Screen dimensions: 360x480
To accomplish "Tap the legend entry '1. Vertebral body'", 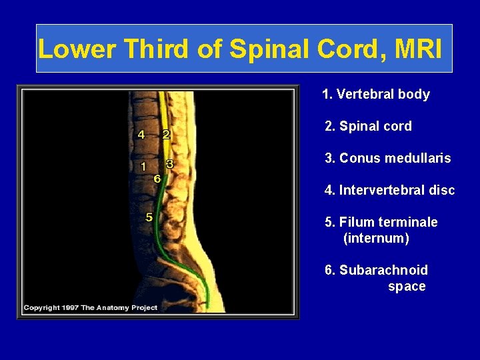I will [x=375, y=94].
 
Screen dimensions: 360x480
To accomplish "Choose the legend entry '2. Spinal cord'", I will [x=368, y=126].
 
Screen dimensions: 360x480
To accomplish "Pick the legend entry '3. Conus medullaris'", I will [x=387, y=158].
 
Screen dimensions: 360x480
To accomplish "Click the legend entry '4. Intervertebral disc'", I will [x=389, y=190].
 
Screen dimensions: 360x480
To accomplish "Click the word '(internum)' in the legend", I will [x=376, y=238].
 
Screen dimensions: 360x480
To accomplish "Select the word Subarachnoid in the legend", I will [x=383, y=270].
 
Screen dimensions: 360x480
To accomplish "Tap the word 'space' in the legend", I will [x=407, y=286].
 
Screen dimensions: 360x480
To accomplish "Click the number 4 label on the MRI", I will [x=141, y=134].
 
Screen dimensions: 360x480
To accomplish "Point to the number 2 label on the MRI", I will [x=166, y=134].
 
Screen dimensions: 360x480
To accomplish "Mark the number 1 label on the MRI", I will [x=143, y=167].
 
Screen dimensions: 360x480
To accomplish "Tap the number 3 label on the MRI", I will [x=169, y=163].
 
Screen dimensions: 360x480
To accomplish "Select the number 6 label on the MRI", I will [x=157, y=178].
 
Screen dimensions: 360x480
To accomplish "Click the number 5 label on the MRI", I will [x=149, y=217].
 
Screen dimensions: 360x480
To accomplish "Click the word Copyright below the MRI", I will [x=41, y=307].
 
